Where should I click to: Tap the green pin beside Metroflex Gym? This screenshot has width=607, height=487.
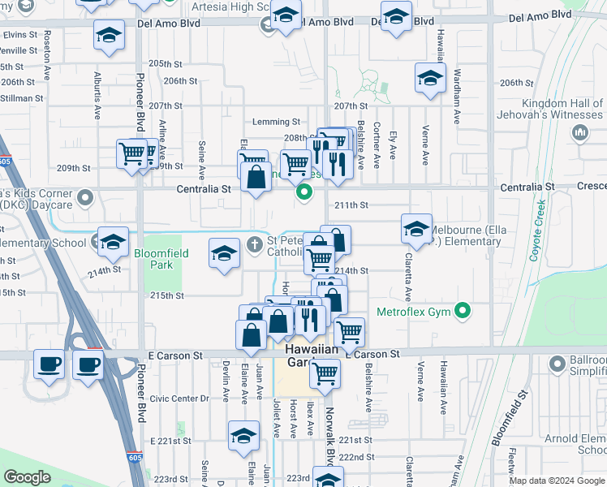coord(463,310)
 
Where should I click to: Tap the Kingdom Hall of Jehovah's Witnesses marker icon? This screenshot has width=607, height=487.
coord(579,133)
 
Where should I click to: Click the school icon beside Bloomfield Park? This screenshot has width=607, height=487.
coord(224,253)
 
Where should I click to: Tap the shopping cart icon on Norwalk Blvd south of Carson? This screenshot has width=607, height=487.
coord(325,373)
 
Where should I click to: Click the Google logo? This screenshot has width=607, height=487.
coord(27,477)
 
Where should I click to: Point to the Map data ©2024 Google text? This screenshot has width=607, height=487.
coord(556,481)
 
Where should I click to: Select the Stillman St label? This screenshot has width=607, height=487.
coord(22,98)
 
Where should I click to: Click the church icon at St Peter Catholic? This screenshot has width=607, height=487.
coord(255,243)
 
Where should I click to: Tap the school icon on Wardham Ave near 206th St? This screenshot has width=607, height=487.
coord(430,79)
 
